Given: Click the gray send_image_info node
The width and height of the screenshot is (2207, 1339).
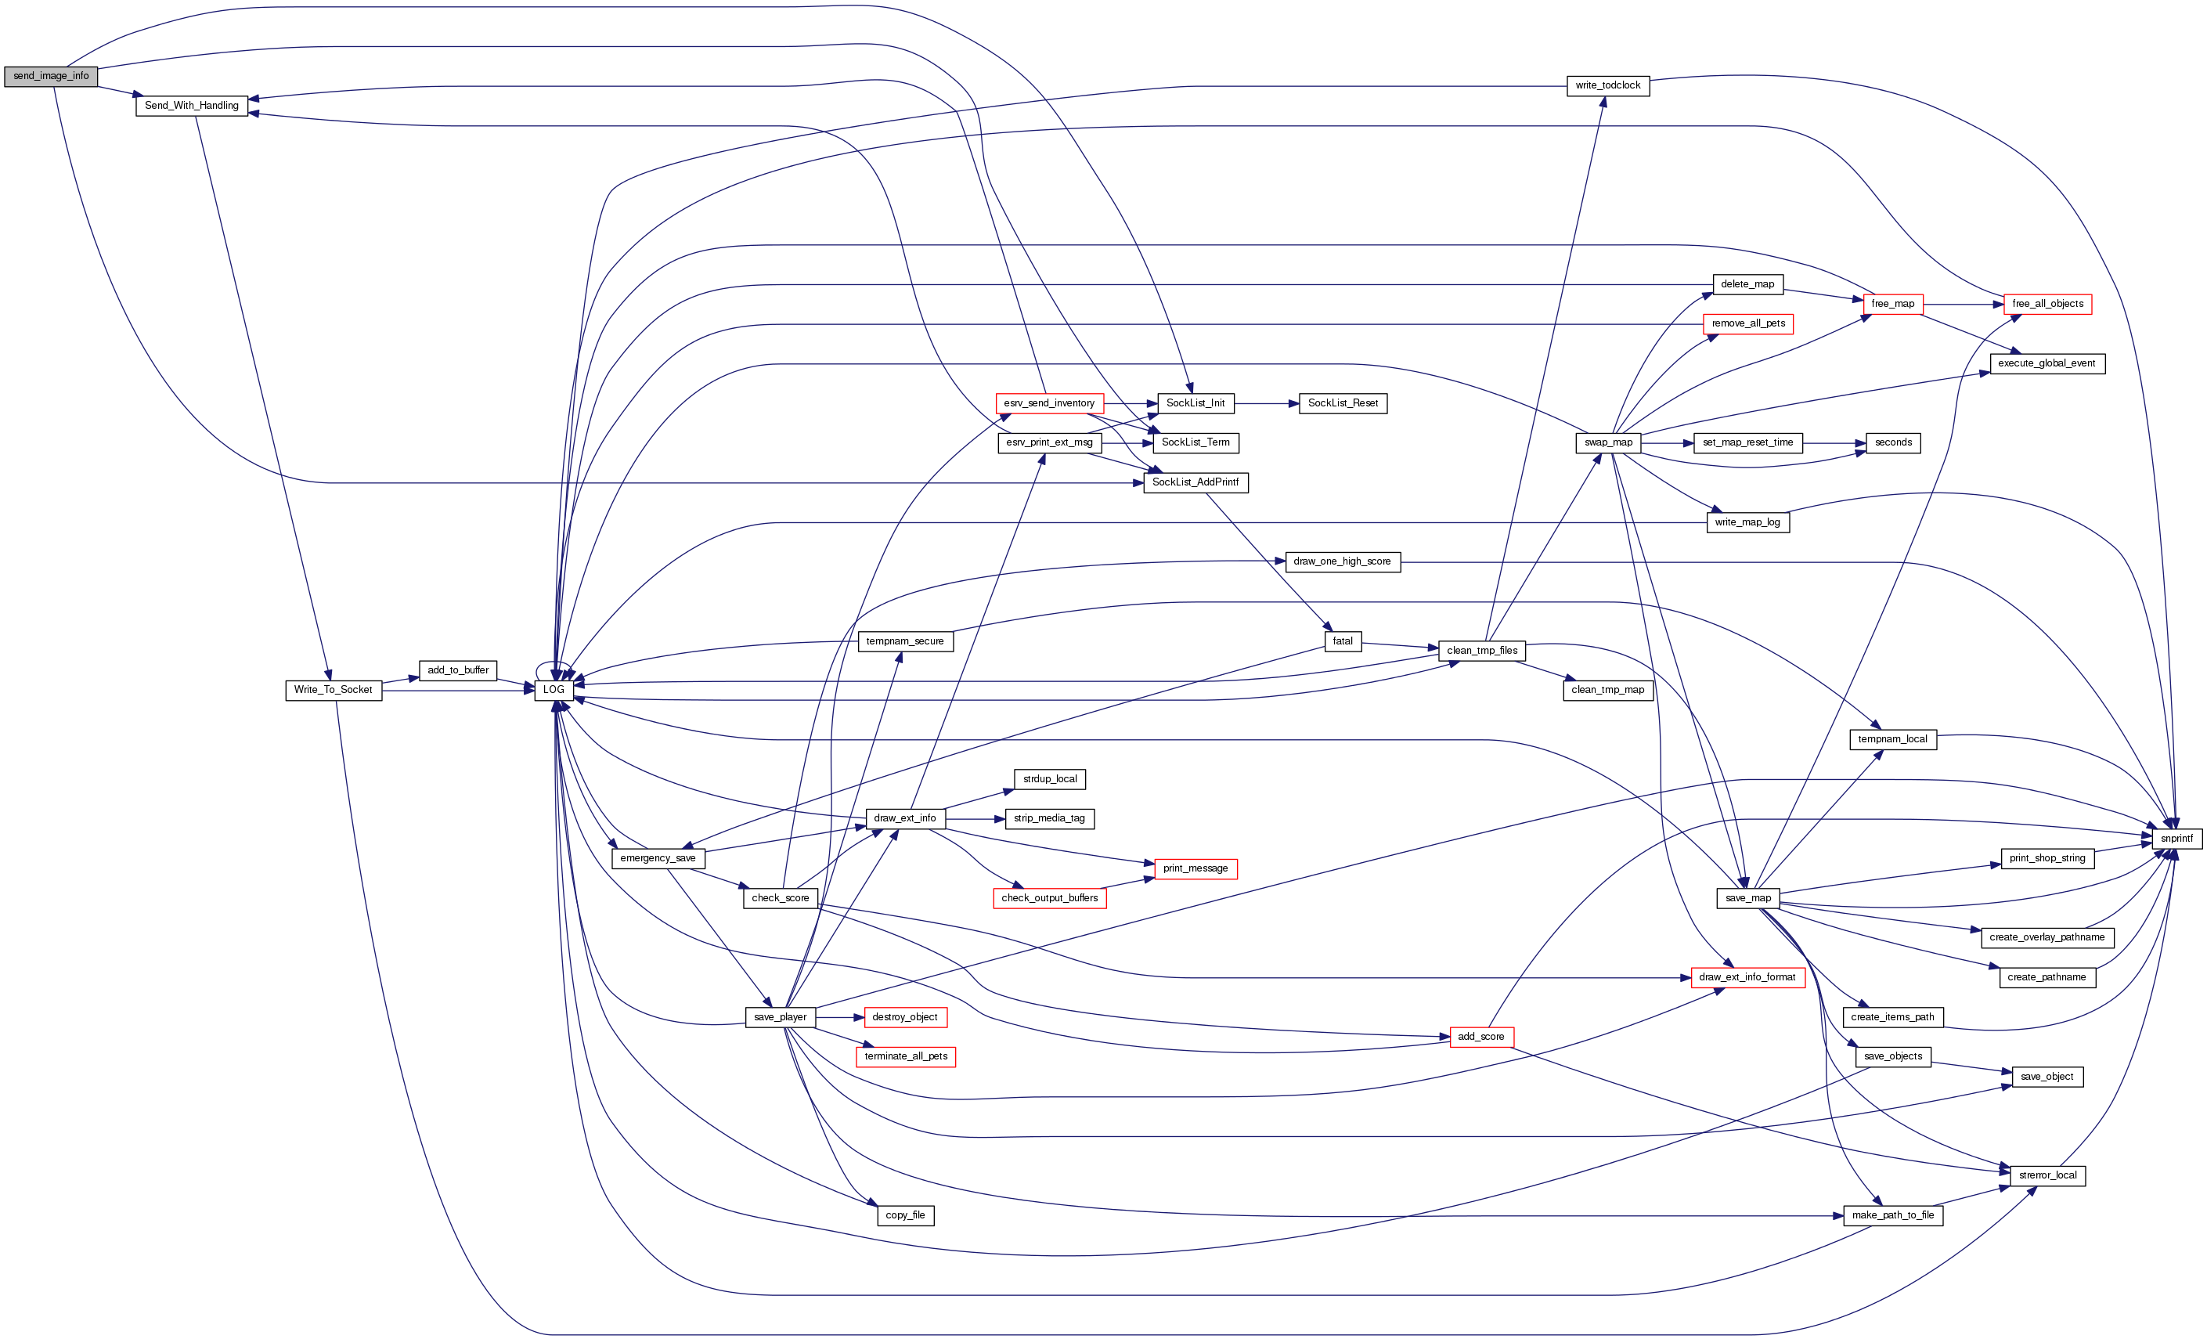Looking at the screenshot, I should pyautogui.click(x=51, y=76).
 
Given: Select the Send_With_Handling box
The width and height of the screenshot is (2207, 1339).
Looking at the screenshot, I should pyautogui.click(x=192, y=106).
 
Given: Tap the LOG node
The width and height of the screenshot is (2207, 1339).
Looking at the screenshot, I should pyautogui.click(x=554, y=690).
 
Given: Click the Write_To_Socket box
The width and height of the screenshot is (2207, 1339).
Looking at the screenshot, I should pyautogui.click(x=334, y=690).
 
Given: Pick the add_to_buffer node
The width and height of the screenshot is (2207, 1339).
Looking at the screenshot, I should pyautogui.click(x=458, y=670).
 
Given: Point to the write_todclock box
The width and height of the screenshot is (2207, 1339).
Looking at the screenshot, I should pyautogui.click(x=1608, y=86).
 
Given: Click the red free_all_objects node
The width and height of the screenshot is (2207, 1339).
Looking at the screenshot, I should pyautogui.click(x=2047, y=305).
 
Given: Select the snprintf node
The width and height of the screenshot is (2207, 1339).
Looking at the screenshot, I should pyautogui.click(x=2176, y=839).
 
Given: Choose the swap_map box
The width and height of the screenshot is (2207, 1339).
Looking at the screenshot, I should pyautogui.click(x=1608, y=442).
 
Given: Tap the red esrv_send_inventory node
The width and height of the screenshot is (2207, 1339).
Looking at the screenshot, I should pyautogui.click(x=1049, y=404).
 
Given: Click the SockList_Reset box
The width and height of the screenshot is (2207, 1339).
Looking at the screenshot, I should pyautogui.click(x=1343, y=404).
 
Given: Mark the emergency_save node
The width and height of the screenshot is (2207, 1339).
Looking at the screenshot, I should pyautogui.click(x=658, y=858).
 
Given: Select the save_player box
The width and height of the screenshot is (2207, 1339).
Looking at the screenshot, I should pyautogui.click(x=780, y=1017).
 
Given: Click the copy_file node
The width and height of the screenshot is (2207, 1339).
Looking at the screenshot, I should pyautogui.click(x=905, y=1215).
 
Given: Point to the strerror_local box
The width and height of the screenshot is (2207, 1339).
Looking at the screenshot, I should pyautogui.click(x=2047, y=1175).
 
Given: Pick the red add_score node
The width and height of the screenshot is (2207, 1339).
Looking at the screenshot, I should pyautogui.click(x=1481, y=1038).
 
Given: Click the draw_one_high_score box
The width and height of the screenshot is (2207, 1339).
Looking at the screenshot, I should pyautogui.click(x=1342, y=561).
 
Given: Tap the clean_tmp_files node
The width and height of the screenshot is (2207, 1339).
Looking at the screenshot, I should pyautogui.click(x=1482, y=650).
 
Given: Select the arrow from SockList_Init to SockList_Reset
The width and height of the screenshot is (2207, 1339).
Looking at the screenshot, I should pyautogui.click(x=1267, y=404).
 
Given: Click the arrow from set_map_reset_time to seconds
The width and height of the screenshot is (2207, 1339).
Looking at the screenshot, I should pyautogui.click(x=1834, y=442).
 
